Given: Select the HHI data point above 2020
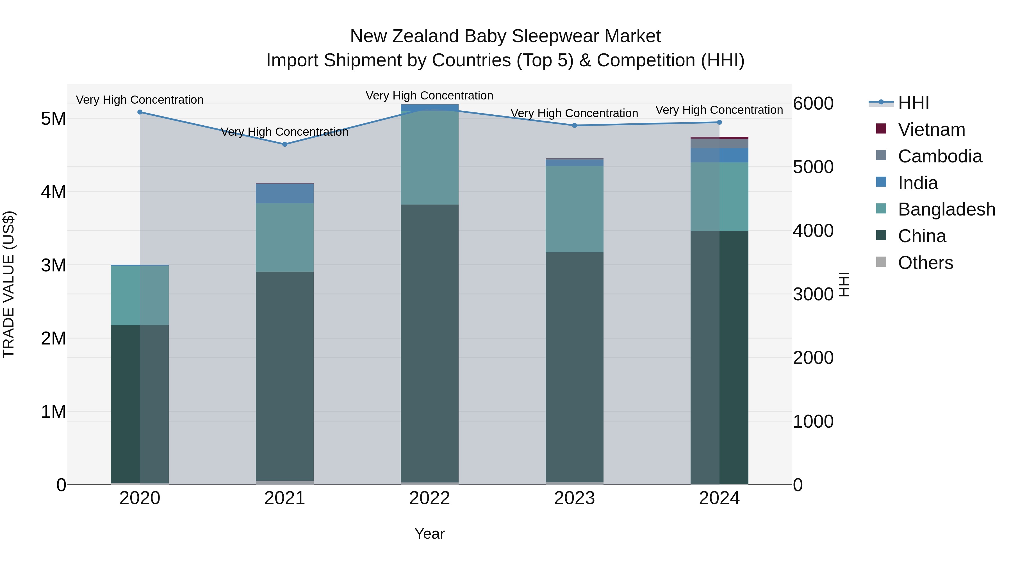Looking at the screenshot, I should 140,112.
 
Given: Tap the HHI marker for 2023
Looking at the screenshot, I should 574,125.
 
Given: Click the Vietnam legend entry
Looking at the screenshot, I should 931,130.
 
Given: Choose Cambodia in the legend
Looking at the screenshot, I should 940,156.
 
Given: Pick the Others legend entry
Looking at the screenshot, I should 925,263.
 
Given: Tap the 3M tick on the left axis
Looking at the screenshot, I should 53,265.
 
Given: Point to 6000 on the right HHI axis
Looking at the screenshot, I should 813,103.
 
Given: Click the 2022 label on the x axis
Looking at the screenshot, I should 429,498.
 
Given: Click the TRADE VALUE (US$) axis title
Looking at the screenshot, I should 9,284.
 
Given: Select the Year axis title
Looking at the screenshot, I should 429,534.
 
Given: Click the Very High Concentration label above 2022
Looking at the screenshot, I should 429,96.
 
